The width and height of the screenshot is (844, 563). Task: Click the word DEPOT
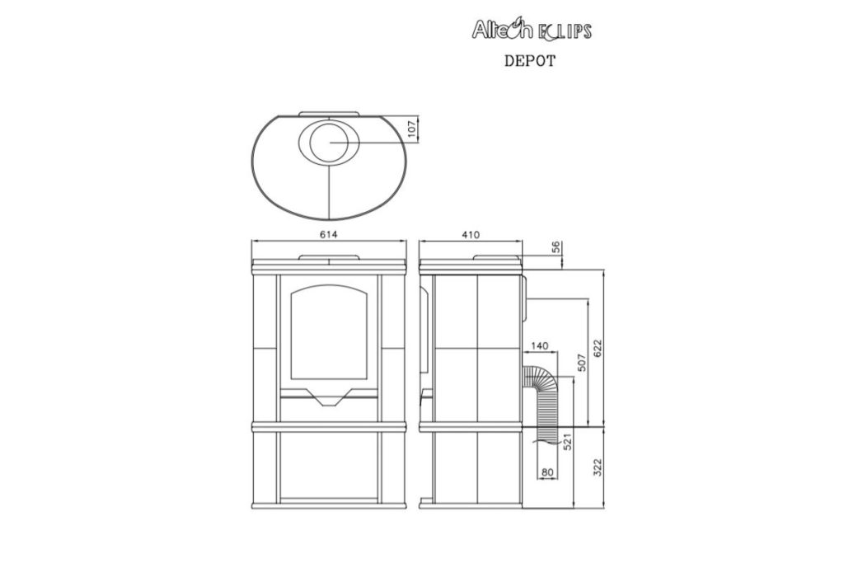point(530,61)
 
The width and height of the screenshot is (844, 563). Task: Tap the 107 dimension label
point(413,129)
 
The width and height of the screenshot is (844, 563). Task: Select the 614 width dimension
point(328,235)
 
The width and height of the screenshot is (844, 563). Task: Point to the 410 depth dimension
point(470,235)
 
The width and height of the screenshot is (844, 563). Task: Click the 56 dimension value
point(556,247)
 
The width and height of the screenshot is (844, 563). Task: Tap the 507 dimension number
point(580,364)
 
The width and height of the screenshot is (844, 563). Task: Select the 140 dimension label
point(539,346)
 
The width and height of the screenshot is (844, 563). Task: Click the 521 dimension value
point(566,441)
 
